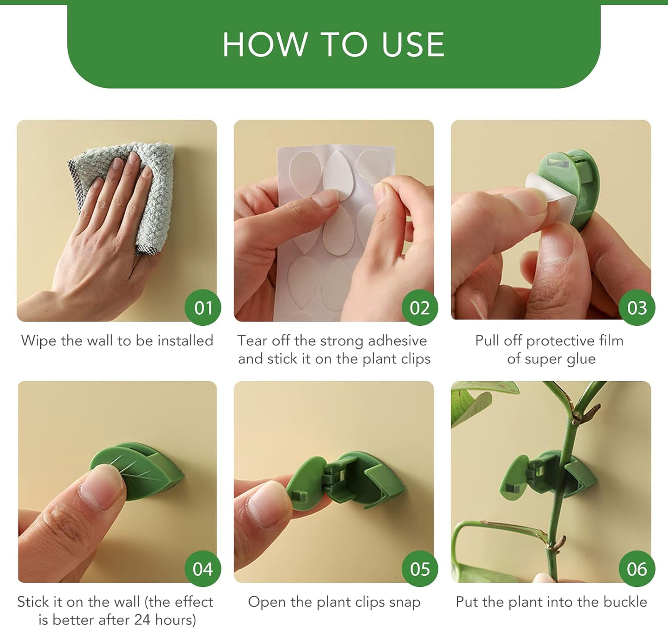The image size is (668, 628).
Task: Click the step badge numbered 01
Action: [x=202, y=307]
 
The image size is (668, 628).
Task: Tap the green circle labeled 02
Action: [x=419, y=307]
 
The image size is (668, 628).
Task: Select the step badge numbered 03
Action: [x=637, y=307]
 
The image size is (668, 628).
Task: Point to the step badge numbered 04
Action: [x=202, y=568]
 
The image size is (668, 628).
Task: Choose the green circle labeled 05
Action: [x=419, y=568]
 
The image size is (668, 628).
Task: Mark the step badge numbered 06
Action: [x=637, y=568]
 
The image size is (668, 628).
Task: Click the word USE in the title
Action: [x=413, y=45]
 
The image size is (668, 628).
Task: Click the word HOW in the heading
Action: [x=265, y=45]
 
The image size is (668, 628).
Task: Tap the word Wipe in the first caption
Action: [x=39, y=341]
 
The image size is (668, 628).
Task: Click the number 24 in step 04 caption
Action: [x=142, y=620]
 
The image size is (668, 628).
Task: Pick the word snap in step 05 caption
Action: [x=405, y=602]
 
